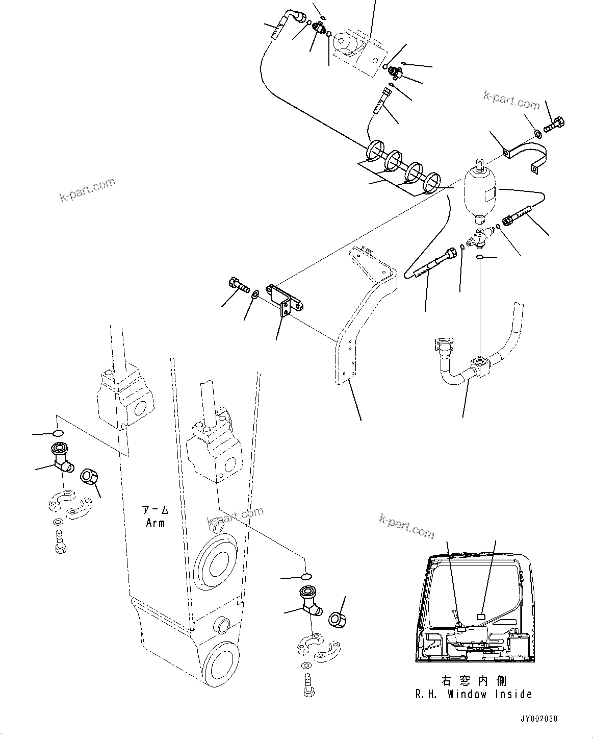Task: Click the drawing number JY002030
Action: pyautogui.click(x=538, y=719)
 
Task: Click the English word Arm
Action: pyautogui.click(x=155, y=523)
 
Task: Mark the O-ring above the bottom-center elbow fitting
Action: pyautogui.click(x=306, y=576)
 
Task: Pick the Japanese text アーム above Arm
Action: pyautogui.click(x=155, y=510)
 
